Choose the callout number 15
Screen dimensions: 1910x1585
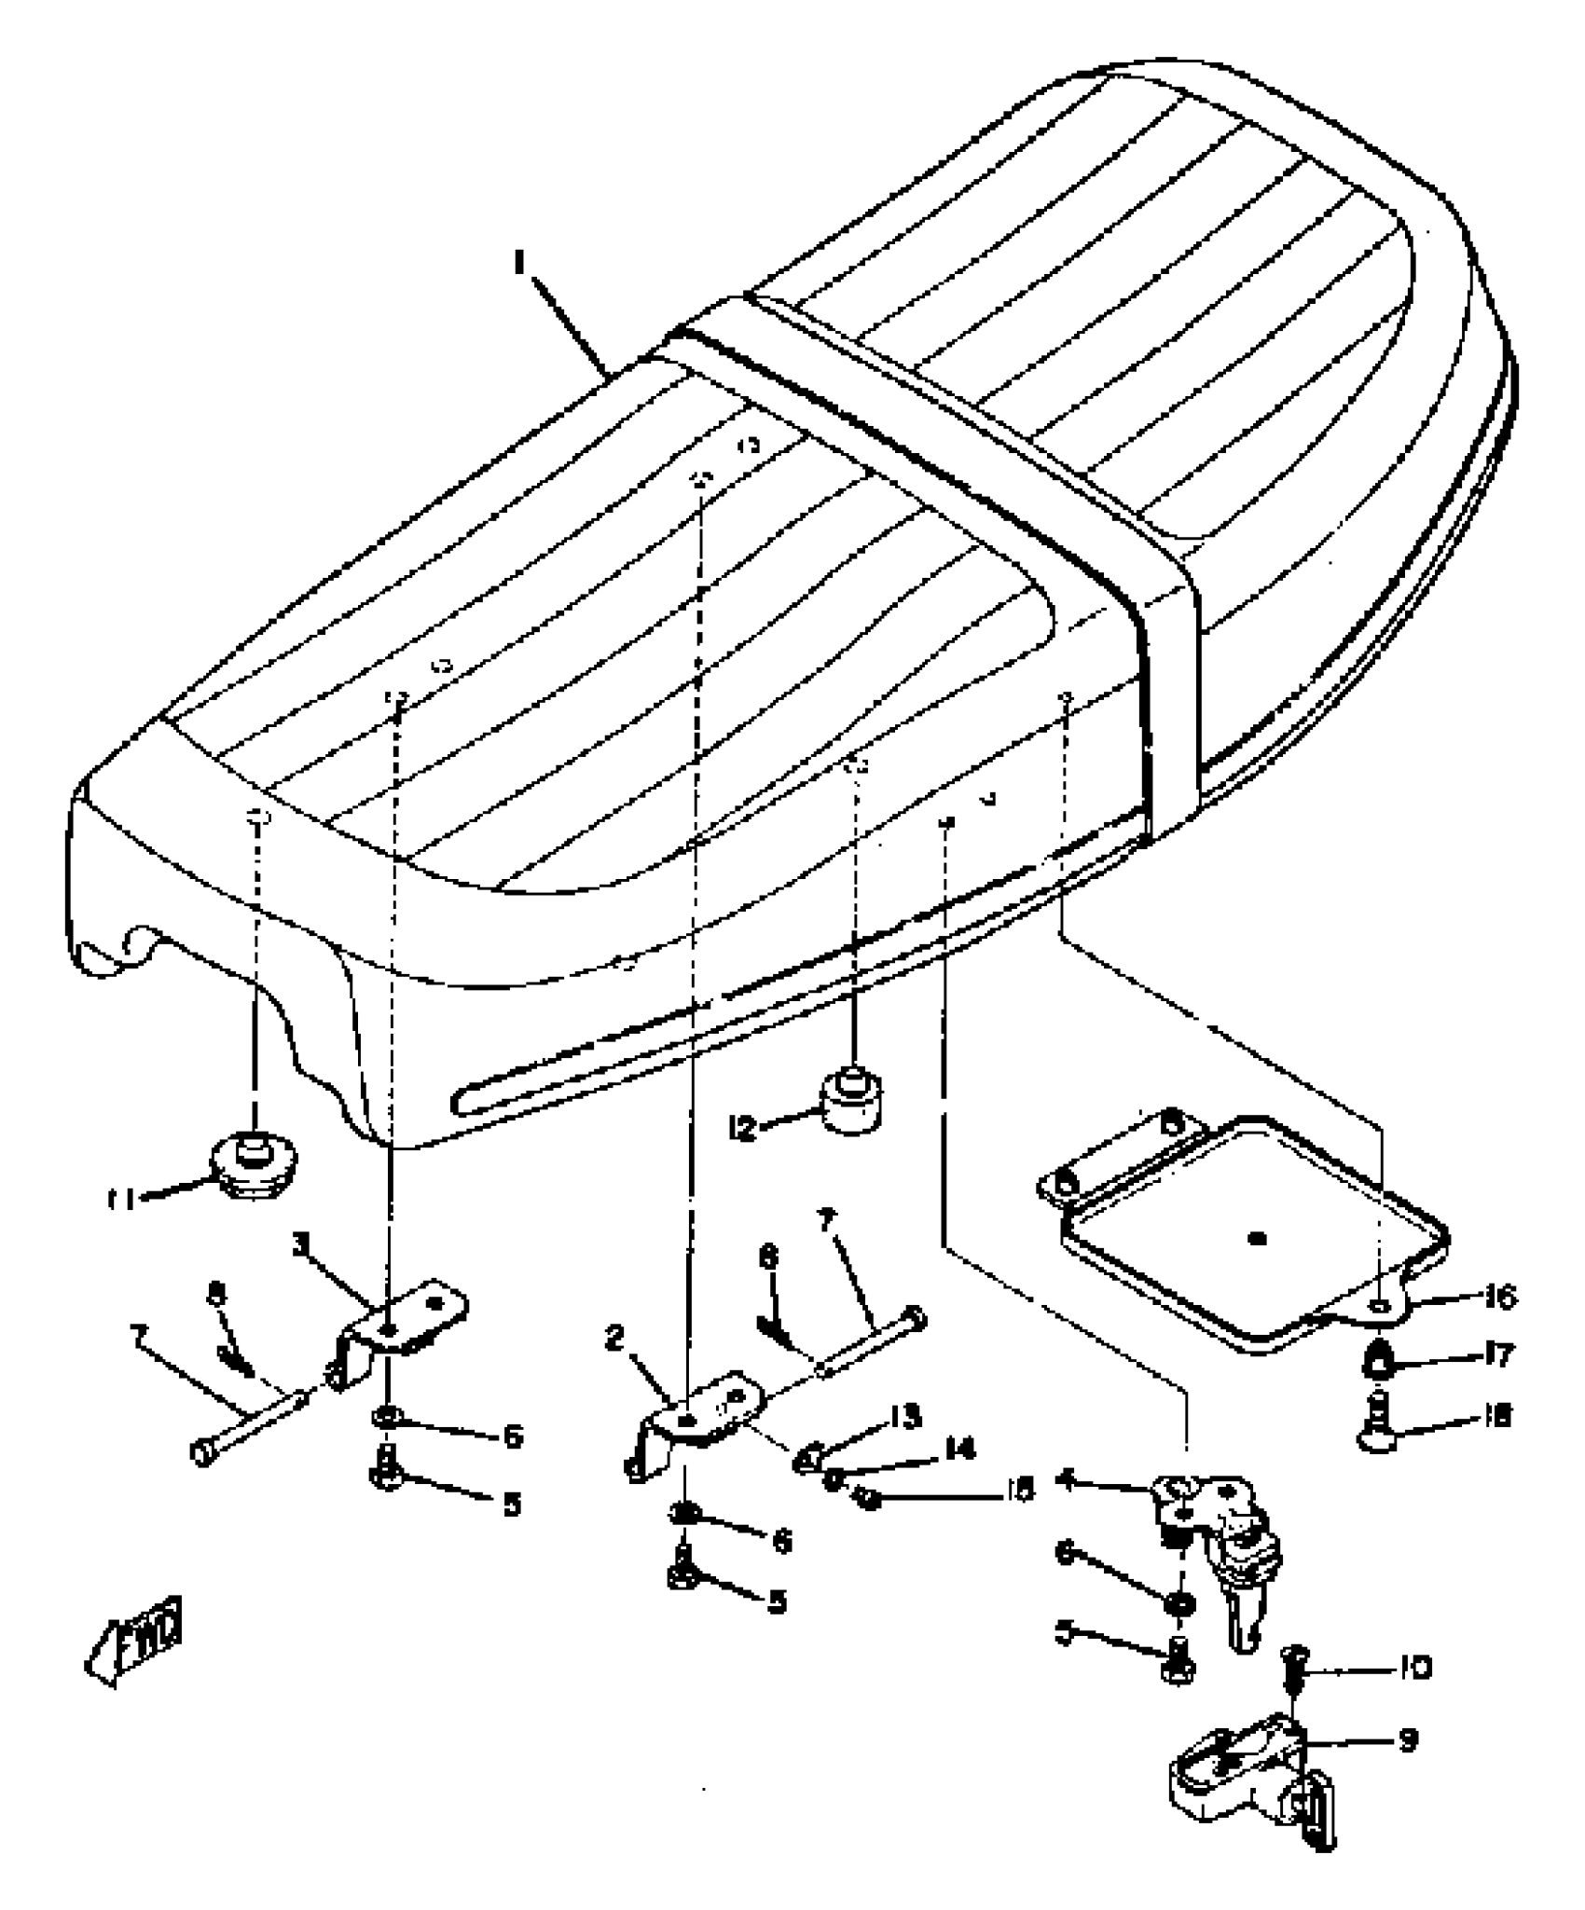[1022, 1491]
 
